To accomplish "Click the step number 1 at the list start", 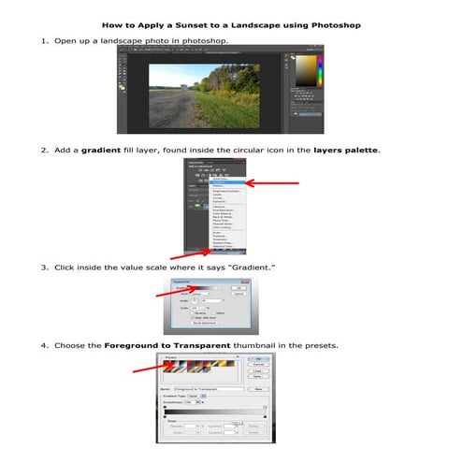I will [x=42, y=41].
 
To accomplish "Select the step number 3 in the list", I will [x=42, y=268].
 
